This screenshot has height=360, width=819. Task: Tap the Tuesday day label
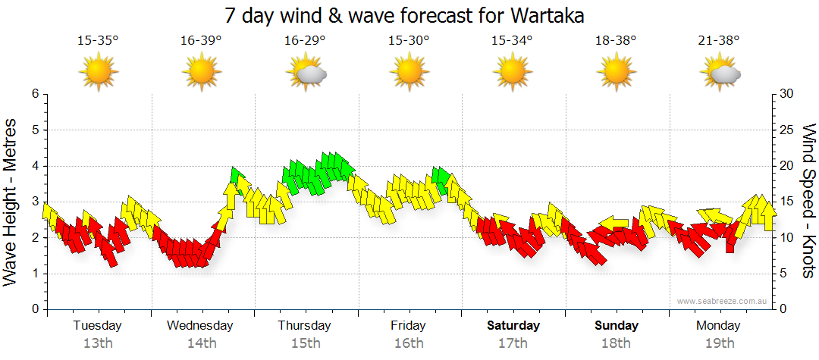97,326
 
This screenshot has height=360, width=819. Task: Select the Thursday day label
304,326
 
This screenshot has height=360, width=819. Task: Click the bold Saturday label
513,326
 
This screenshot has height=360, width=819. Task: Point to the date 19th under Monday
719,343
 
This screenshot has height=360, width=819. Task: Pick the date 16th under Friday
408,343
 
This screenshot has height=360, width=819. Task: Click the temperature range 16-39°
201,41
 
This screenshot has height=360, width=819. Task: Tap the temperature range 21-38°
719,41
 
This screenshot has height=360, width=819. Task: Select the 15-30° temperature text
408,41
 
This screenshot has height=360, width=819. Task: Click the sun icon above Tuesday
98,73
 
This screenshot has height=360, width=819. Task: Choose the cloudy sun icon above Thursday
306,74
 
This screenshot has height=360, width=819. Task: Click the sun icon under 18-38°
616,73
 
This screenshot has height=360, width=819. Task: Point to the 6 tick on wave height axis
35,94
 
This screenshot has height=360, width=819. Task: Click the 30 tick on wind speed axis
786,94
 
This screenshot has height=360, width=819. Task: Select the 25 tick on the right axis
786,130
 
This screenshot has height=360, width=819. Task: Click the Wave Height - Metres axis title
11,201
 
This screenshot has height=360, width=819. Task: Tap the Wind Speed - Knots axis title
808,201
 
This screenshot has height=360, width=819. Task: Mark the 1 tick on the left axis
35,274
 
